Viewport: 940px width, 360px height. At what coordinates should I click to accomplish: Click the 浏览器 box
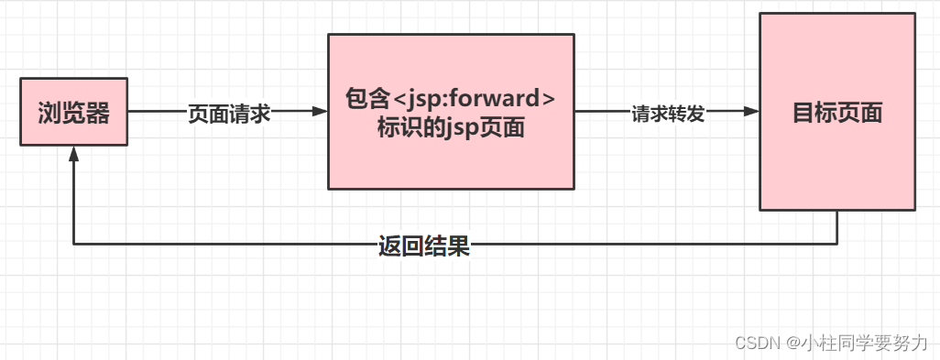pos(74,112)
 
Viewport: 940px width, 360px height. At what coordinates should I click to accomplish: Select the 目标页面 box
pos(836,112)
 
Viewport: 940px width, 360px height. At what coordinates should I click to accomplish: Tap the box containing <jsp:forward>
pos(451,112)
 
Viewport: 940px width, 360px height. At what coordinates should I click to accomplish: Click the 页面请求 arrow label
pos(228,113)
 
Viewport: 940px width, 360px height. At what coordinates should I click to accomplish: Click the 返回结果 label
pos(424,245)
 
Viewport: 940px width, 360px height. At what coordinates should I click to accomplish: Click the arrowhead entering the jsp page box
pos(320,112)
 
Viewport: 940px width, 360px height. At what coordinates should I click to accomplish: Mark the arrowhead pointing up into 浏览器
pos(74,154)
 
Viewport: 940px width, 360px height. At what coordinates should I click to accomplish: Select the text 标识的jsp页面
pos(451,127)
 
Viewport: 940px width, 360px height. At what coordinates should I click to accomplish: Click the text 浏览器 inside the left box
pos(74,113)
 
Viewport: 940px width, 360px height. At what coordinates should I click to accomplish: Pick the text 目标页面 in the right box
pos(836,113)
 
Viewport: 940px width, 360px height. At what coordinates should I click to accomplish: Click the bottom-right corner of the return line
pos(836,245)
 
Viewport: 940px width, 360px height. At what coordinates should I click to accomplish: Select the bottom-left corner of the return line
pos(74,245)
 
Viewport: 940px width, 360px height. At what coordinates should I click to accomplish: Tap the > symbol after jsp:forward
pos(547,98)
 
